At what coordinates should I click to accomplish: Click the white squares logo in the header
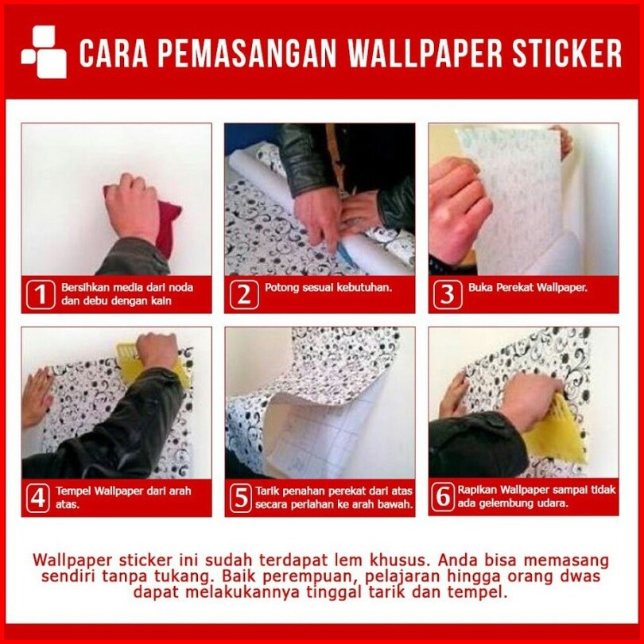click(44, 52)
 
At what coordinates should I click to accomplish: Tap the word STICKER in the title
click(567, 53)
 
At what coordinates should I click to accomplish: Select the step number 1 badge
click(41, 294)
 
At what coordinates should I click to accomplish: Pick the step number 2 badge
click(244, 294)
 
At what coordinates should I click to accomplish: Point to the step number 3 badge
click(448, 294)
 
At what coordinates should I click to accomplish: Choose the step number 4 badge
click(38, 498)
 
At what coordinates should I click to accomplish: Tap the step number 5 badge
click(241, 498)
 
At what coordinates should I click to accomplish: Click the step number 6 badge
click(443, 497)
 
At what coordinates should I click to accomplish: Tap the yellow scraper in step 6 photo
click(557, 433)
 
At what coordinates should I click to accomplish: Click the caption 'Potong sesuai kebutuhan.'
click(328, 287)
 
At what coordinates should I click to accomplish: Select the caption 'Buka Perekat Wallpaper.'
click(528, 287)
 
